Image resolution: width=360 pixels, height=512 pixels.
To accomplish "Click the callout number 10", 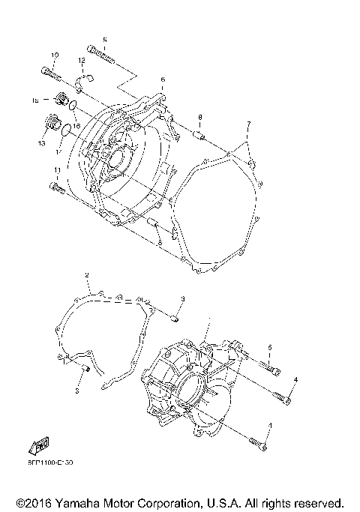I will point(55,55).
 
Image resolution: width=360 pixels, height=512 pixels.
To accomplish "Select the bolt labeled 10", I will point(49,73).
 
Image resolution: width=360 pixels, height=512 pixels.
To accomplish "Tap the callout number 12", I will point(80,60).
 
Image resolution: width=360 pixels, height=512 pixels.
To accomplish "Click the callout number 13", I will point(42,142).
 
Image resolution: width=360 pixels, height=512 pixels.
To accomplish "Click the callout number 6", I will point(162,79).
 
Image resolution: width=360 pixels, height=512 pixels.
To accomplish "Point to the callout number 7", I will point(248,124).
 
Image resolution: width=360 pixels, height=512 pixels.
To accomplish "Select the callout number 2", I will point(88,276).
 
